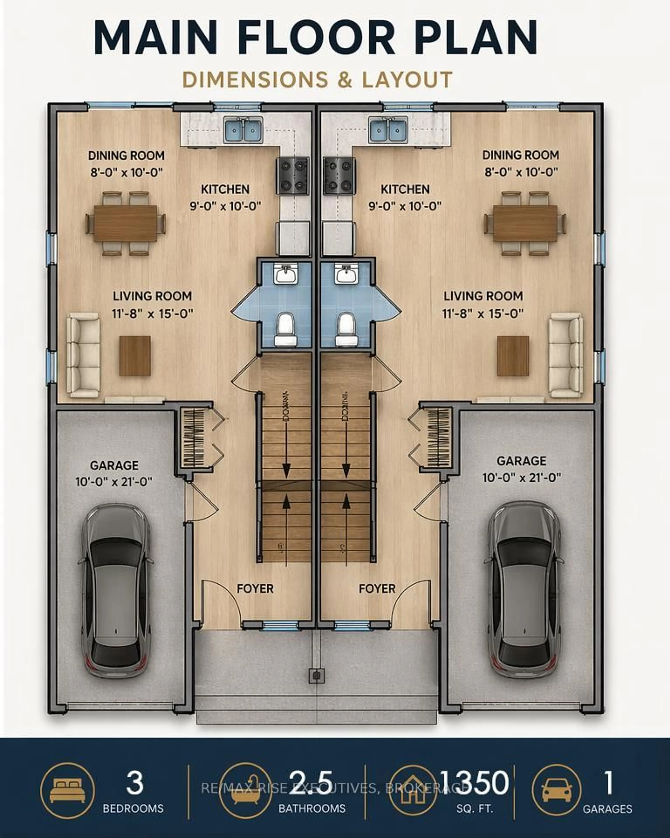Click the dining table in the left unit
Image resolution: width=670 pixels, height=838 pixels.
coord(125,223)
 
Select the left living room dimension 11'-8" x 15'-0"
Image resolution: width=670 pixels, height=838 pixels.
coord(153,314)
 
